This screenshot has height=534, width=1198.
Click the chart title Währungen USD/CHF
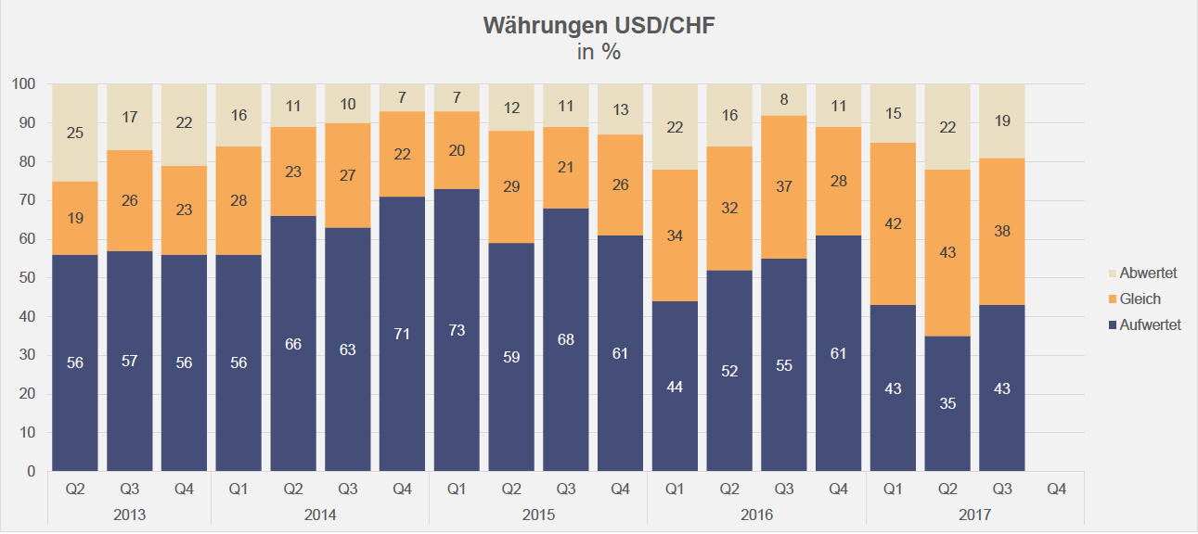coord(599,26)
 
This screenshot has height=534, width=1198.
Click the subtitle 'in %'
coord(599,52)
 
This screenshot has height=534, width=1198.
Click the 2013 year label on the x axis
coord(129,514)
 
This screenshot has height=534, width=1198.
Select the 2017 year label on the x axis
coord(974,514)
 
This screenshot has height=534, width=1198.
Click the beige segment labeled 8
coord(784,100)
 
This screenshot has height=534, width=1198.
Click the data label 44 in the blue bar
coord(675,388)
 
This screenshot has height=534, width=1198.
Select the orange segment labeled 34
coord(675,235)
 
